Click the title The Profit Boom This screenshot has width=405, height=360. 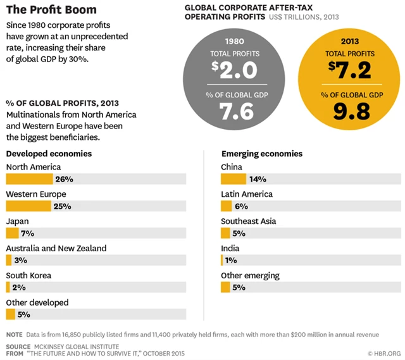[51, 10]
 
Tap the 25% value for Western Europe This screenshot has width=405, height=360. [63, 206]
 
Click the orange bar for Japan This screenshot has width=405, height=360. [13, 233]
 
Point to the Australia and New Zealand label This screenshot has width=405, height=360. [56, 249]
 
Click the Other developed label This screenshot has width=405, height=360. [37, 302]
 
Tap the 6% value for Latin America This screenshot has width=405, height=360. [242, 206]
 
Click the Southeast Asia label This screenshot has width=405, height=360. [249, 221]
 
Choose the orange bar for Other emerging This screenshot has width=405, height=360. [225, 287]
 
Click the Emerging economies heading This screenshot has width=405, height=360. [262, 154]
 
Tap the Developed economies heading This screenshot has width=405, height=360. [49, 154]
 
